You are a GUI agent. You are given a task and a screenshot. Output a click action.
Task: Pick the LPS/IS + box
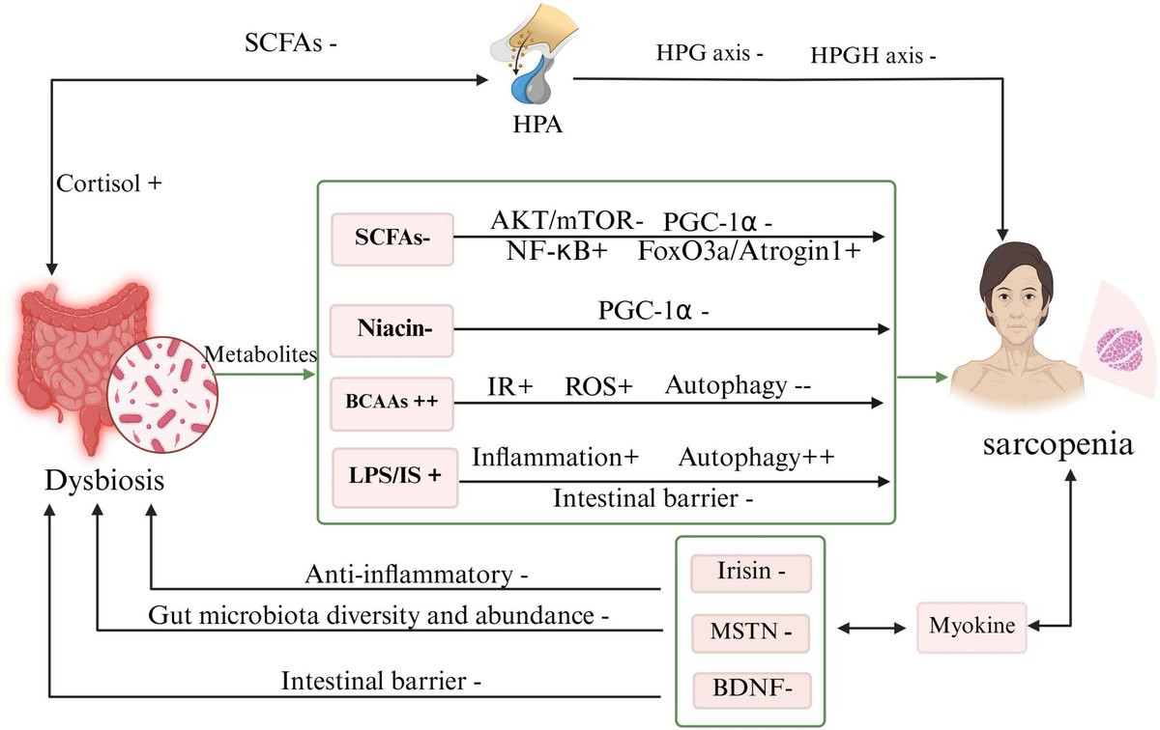point(391,477)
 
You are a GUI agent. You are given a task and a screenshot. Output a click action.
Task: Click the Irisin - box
point(750,572)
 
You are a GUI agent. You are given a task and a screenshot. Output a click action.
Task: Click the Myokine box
point(971,626)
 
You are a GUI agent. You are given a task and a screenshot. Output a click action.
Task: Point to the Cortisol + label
point(108,183)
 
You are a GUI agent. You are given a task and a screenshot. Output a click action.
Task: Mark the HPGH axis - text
point(876,55)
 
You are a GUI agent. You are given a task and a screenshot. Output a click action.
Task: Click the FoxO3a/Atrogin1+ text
point(749,253)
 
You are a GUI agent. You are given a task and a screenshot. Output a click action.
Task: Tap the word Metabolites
point(261,354)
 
